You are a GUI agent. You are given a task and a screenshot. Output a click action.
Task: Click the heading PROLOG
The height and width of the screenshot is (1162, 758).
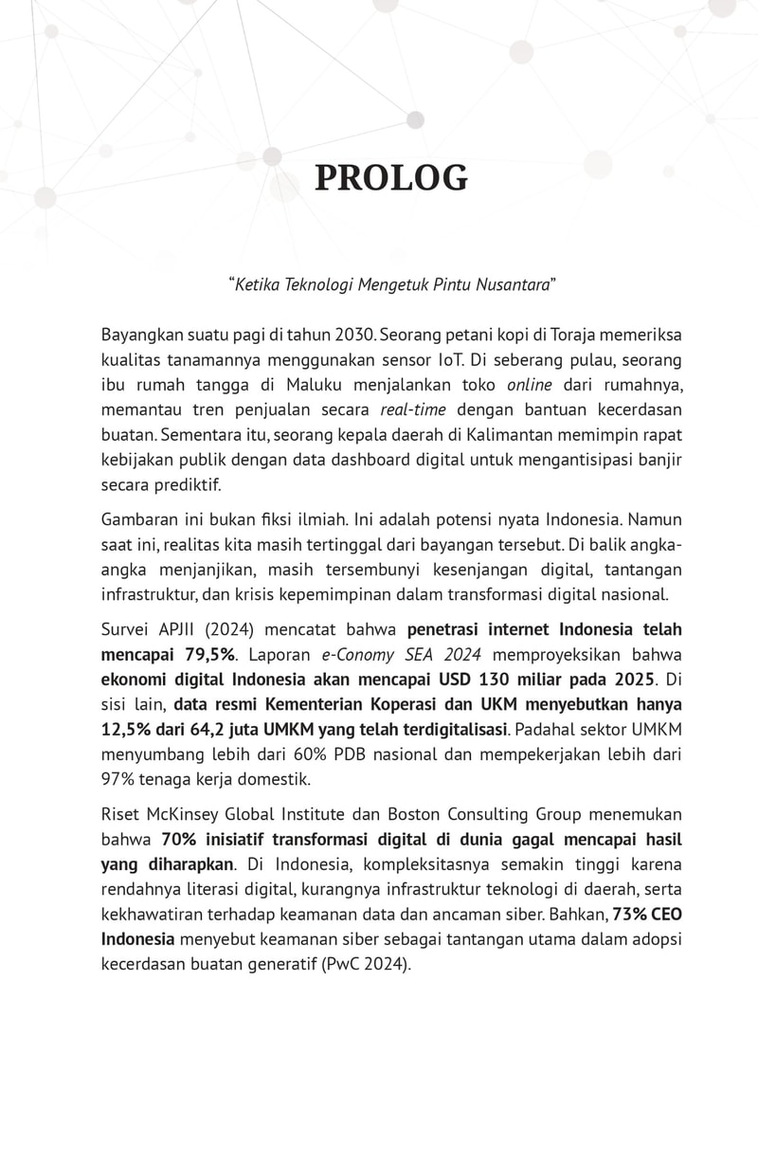pos(390,178)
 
